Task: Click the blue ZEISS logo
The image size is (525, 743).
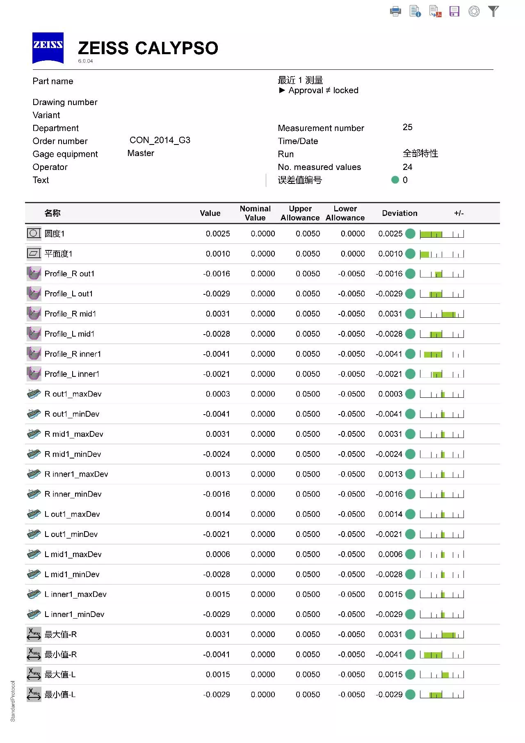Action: tap(48, 48)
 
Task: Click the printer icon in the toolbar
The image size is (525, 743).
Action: tap(395, 11)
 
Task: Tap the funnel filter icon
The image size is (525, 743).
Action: tap(493, 11)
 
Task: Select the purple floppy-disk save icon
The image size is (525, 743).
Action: tap(454, 11)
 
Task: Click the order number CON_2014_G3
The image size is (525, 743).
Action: tap(160, 140)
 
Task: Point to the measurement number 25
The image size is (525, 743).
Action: tap(407, 127)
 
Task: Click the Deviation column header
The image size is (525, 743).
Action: tap(399, 213)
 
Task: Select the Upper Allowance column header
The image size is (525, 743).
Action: tap(300, 213)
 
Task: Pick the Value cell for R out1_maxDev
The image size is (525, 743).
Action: tap(218, 394)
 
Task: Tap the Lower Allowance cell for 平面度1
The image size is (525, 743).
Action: tap(353, 254)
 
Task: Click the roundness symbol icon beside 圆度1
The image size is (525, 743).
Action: tap(34, 234)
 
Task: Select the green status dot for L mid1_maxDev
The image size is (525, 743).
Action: tap(410, 554)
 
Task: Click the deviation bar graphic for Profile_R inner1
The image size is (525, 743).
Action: tap(442, 354)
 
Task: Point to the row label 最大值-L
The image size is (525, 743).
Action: tap(60, 674)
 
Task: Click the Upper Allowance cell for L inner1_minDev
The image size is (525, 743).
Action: tap(308, 615)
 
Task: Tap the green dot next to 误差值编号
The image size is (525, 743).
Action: tap(395, 180)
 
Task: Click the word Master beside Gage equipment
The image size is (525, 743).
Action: tap(141, 153)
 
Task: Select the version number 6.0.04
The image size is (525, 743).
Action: tap(85, 61)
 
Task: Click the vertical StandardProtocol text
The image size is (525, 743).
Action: tap(13, 701)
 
